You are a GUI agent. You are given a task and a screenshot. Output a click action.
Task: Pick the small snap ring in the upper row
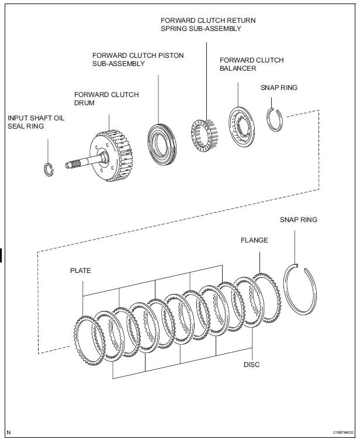click(274, 120)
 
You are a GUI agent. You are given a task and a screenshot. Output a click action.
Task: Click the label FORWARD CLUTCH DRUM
click(106, 99)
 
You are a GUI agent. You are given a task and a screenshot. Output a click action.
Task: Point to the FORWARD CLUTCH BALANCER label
click(251, 64)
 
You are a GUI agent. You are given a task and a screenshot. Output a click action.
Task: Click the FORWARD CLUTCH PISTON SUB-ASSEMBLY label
click(138, 60)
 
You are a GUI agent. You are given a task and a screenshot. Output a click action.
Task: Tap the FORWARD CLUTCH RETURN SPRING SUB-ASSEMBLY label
click(208, 25)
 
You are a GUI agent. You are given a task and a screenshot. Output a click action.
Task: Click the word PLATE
click(81, 271)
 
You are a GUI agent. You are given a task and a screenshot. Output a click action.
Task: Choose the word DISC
click(251, 365)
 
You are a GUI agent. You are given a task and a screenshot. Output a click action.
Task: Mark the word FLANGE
click(254, 240)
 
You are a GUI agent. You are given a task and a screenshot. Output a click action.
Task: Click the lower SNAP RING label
click(299, 220)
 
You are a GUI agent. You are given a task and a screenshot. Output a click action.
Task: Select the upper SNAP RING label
click(279, 88)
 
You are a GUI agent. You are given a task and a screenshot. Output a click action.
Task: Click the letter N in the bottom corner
click(9, 433)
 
